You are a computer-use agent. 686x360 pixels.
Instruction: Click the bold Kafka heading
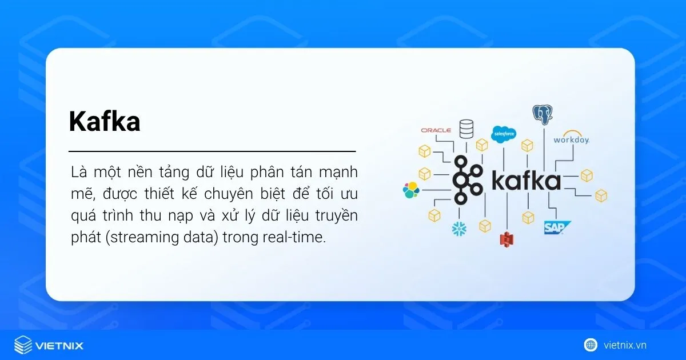coord(105,121)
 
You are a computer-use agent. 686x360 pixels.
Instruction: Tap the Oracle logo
coord(436,130)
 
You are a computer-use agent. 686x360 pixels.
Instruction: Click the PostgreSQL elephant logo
coord(543,115)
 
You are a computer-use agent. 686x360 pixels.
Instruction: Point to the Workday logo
coord(571,139)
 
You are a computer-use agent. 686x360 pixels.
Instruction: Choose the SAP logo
coord(557,228)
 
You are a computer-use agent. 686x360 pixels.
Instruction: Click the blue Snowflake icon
coord(459,229)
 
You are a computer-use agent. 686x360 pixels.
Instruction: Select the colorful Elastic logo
coord(411,190)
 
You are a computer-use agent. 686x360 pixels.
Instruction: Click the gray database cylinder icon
coord(466,129)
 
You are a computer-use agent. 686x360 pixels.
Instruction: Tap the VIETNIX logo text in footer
coord(59,345)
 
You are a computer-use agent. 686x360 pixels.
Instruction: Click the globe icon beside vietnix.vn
coord(591,345)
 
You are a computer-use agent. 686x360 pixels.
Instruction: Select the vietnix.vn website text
coord(625,345)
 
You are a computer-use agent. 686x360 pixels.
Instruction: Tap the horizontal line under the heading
coord(212,152)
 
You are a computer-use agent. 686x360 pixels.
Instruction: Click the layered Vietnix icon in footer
coord(23,345)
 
